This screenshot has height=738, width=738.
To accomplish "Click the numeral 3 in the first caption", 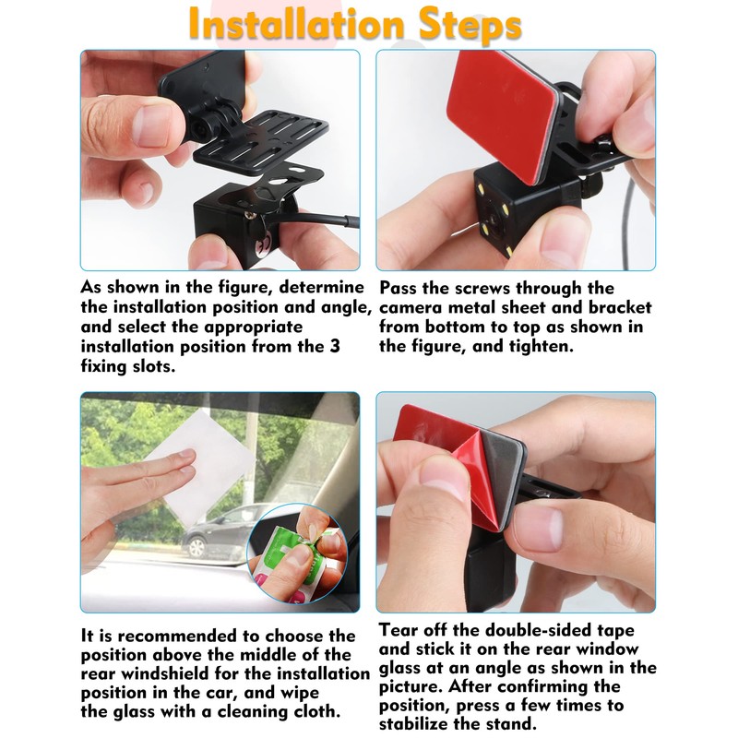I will [x=334, y=346].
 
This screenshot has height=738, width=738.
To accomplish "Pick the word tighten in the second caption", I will [x=535, y=346].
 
